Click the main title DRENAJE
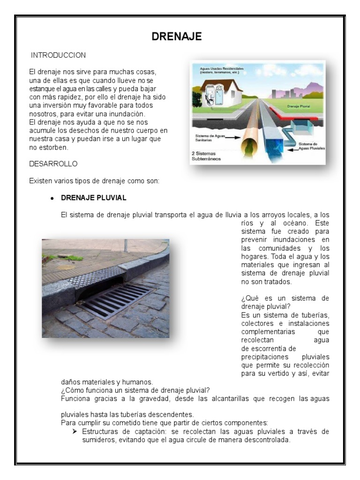[177, 37]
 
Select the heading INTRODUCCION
[58, 55]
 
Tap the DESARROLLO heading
[53, 164]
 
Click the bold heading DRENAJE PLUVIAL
[93, 198]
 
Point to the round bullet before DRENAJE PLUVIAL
[52, 198]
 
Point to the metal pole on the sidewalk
[126, 245]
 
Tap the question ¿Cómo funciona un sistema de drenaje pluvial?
[135, 390]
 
